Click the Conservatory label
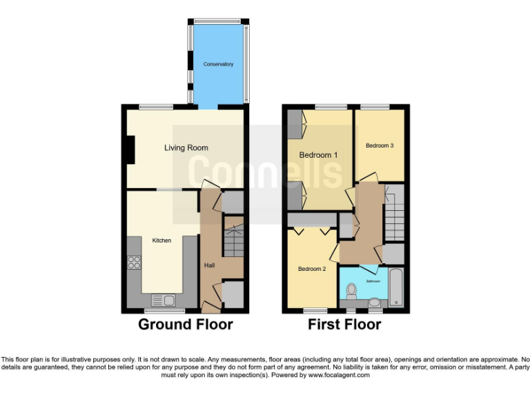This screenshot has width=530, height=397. [218, 64]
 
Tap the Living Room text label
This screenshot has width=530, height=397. [186, 147]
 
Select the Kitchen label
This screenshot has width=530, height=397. [161, 241]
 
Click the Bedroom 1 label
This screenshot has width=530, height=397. [318, 155]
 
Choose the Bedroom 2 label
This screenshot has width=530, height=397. [312, 269]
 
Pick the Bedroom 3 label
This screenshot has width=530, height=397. [380, 145]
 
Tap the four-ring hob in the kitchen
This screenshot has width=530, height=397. [135, 262]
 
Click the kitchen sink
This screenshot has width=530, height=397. [164, 300]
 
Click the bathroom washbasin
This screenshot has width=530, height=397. [375, 302]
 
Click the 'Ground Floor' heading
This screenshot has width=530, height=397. [186, 324]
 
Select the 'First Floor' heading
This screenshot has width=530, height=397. [344, 324]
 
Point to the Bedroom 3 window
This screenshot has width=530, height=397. [375, 106]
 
